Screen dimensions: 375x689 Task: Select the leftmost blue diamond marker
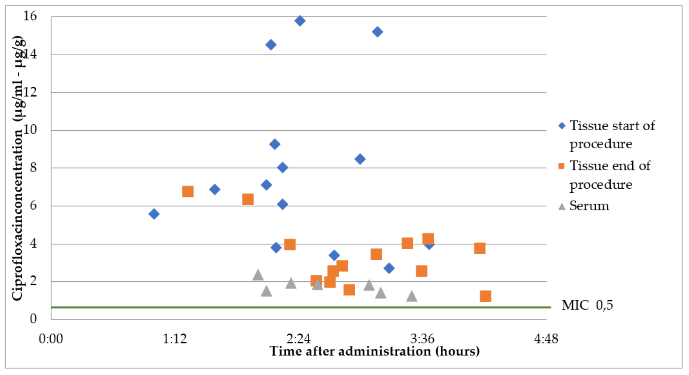[x=154, y=214]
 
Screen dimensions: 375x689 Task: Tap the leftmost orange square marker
[x=188, y=191]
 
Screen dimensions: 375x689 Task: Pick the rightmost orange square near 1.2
[x=485, y=296]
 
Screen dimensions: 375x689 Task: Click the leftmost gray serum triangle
[x=258, y=275]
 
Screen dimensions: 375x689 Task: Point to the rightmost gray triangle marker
[x=412, y=296]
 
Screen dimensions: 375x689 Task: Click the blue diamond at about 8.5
[x=360, y=159]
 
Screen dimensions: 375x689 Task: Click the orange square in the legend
[x=562, y=166]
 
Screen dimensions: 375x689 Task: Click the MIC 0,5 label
[x=587, y=305]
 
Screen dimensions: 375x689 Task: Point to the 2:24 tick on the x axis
[x=298, y=339]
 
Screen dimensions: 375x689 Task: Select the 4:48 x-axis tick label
[x=546, y=339]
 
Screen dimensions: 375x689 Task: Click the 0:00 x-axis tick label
[x=51, y=339]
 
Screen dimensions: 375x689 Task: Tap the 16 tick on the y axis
[x=30, y=16]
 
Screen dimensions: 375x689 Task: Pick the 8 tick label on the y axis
[x=33, y=168]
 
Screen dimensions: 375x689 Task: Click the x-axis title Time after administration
[x=374, y=351]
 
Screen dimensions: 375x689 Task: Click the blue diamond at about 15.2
[x=377, y=32]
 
